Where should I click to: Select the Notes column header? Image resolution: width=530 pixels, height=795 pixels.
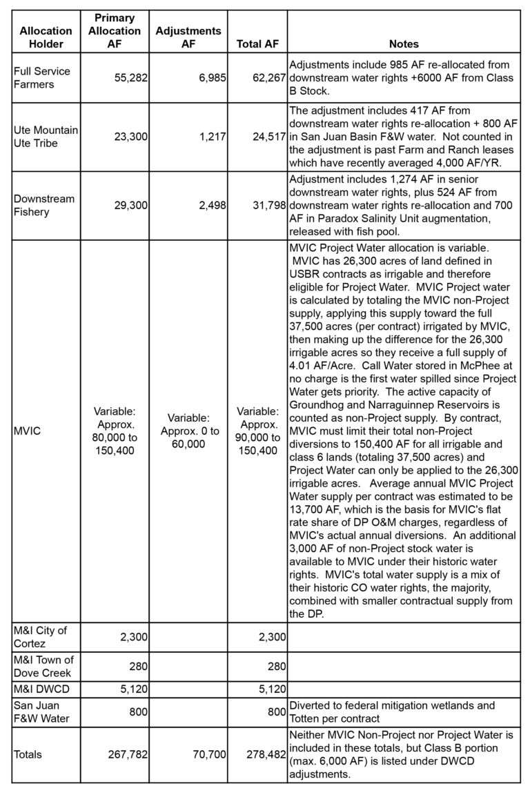click(404, 44)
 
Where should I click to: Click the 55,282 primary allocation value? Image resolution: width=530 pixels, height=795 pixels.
click(131, 78)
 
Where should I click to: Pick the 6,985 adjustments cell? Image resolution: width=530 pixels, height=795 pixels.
click(210, 78)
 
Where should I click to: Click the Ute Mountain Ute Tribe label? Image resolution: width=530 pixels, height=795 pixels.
click(46, 137)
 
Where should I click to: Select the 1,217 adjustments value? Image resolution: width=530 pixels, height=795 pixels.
click(210, 137)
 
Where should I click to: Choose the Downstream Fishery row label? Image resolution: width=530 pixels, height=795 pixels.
click(43, 206)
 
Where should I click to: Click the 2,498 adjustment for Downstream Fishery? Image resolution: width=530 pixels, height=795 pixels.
click(210, 206)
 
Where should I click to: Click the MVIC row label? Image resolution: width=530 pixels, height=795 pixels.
click(28, 431)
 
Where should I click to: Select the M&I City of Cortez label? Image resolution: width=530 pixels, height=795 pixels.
click(43, 637)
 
